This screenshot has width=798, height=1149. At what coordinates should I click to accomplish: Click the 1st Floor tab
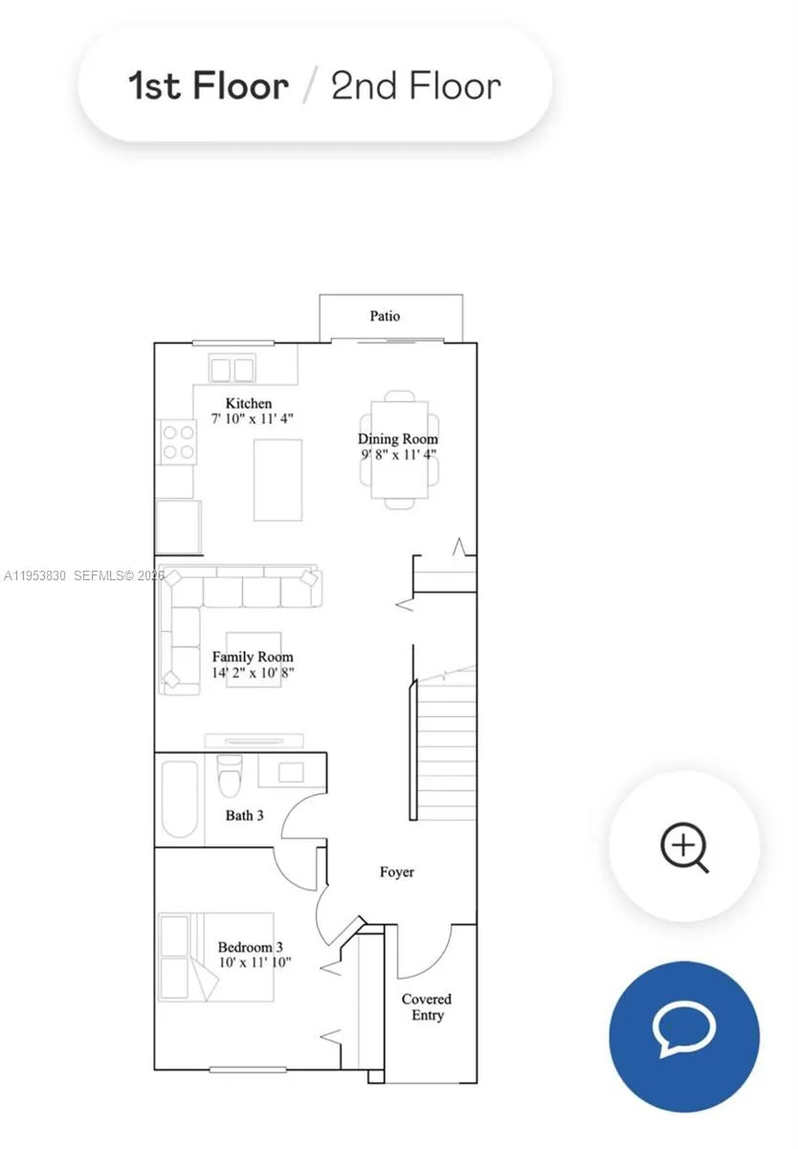pos(209,86)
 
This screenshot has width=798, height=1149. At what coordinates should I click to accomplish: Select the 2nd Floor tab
pos(415,86)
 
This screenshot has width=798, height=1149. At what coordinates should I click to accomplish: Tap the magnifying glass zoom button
pos(684,846)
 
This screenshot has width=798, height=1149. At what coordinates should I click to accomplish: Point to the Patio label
pos(385,316)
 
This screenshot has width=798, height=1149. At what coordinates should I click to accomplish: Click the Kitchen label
pos(249,403)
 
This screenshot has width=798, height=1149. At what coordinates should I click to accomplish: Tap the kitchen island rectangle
pos(277,480)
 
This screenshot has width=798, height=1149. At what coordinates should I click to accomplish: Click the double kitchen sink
pos(233,370)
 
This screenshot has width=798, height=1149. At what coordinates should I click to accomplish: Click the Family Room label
pos(253,657)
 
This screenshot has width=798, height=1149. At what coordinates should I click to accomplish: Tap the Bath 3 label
pos(244,815)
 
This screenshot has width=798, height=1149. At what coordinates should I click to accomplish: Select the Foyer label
pos(397,872)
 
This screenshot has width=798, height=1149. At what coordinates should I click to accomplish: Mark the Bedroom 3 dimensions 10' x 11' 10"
pos(254,962)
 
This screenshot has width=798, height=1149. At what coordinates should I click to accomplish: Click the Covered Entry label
pos(427,1007)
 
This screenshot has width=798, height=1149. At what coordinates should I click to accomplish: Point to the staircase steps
pos(447,747)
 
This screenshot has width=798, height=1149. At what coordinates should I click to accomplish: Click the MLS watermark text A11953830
pos(35,575)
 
